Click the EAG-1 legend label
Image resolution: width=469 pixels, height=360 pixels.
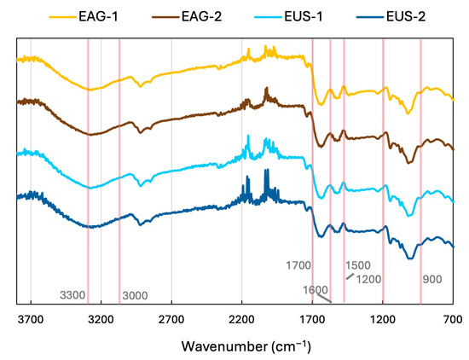point(98,16)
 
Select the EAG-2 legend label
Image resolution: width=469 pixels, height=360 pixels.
point(201,16)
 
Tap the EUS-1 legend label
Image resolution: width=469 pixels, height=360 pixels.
point(304,16)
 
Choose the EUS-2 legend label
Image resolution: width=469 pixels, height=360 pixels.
point(406,16)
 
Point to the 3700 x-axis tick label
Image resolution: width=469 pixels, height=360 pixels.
point(31,320)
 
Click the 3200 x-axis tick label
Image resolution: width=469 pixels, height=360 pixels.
point(101,320)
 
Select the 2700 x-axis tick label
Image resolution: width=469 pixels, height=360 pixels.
point(171,320)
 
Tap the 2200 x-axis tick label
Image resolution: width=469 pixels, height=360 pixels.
point(241,320)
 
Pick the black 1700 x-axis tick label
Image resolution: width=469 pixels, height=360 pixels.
point(312,320)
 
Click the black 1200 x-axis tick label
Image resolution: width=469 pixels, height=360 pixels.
point(383,320)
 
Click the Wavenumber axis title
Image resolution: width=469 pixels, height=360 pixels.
point(246,346)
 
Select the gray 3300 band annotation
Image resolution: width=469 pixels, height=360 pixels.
point(72,295)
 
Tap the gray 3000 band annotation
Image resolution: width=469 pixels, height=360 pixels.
point(135,296)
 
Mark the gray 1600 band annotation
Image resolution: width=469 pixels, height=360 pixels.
point(316,290)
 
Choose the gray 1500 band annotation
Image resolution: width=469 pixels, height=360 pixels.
point(358,265)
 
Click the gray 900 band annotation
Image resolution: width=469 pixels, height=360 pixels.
point(432,279)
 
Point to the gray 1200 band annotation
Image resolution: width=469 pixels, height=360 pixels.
point(368,279)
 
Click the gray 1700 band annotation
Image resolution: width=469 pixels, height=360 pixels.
point(298,265)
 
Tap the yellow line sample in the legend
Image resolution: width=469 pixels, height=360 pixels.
point(62,17)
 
